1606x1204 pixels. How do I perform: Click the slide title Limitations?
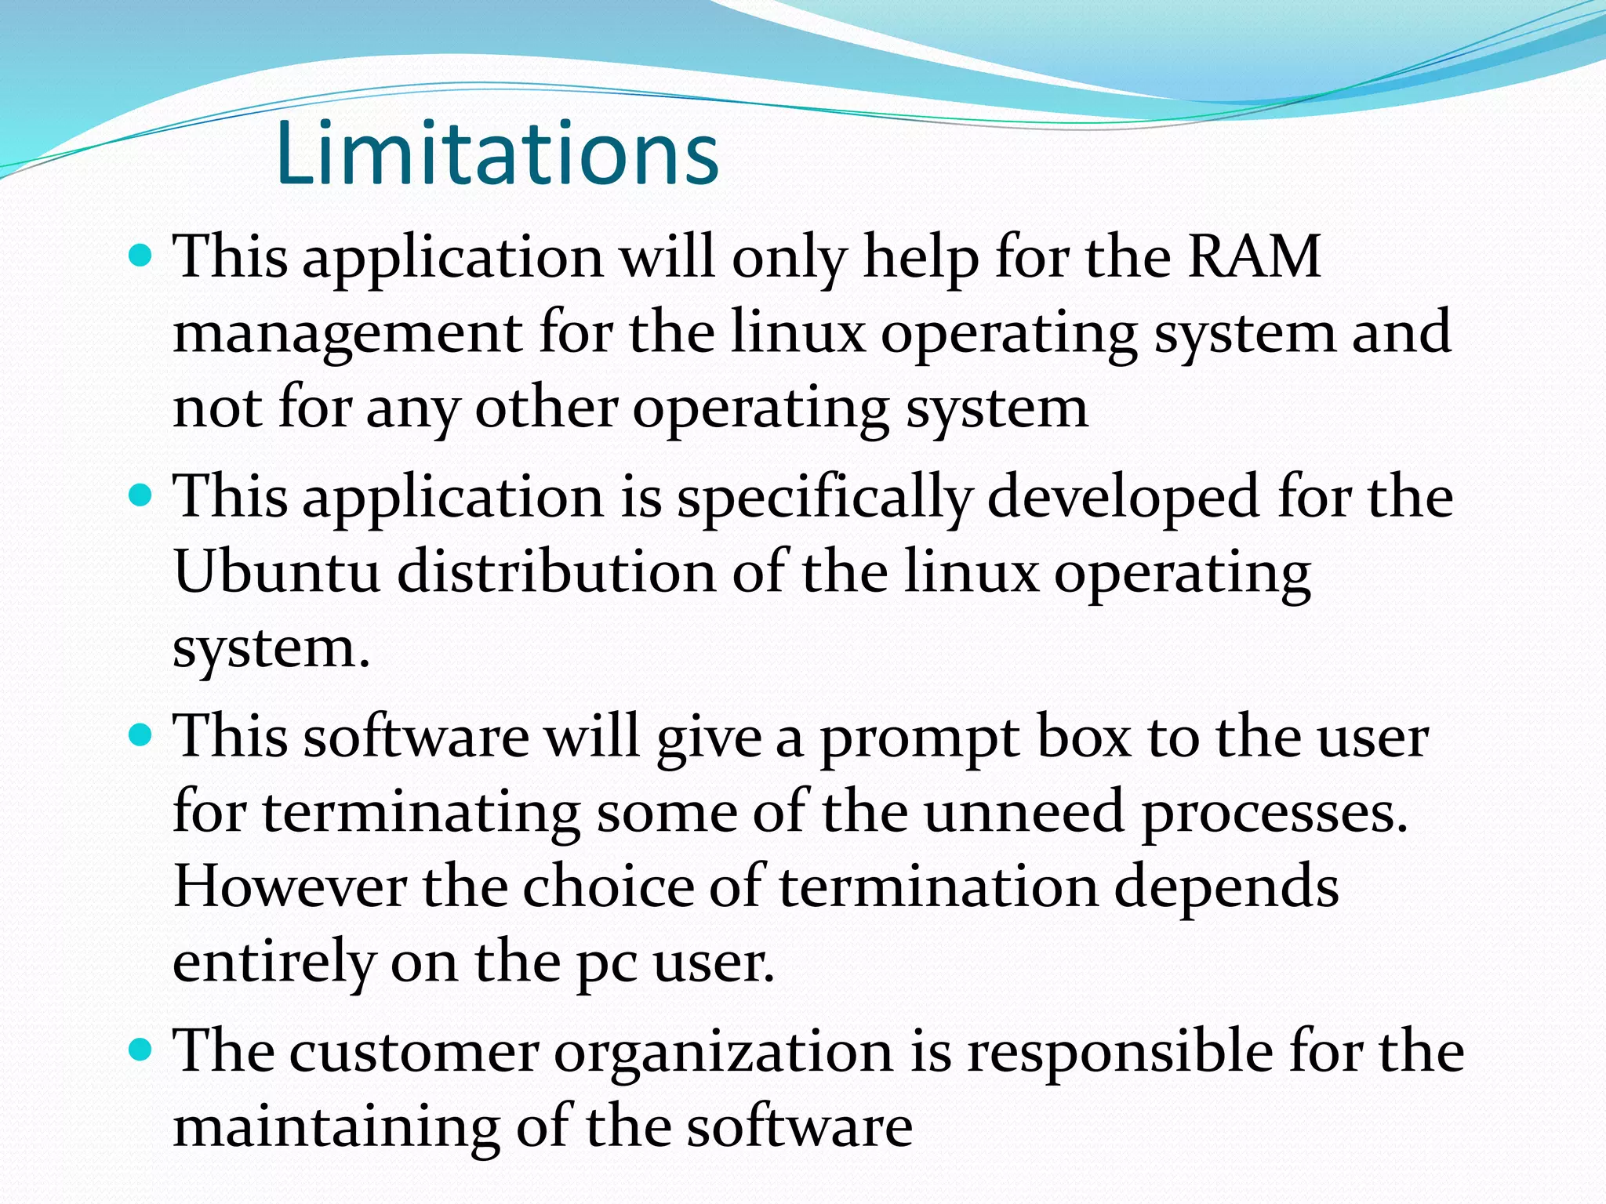point(497,154)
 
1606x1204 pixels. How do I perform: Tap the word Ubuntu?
point(277,572)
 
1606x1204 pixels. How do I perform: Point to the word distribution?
point(556,572)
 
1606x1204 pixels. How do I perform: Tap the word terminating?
point(420,814)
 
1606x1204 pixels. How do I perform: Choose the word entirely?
point(273,963)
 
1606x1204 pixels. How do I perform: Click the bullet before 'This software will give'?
point(139,736)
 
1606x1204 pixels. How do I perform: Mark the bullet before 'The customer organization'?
point(139,1050)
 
